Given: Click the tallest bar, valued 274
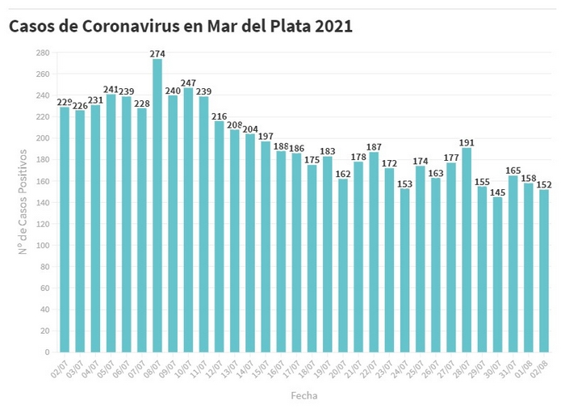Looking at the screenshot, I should tap(157, 206).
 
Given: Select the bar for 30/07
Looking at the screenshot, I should tap(497, 275).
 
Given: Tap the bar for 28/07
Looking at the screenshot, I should tap(467, 251).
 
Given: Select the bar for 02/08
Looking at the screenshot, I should tap(544, 271).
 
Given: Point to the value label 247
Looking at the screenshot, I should tap(188, 82).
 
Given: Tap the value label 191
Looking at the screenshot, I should tap(467, 142).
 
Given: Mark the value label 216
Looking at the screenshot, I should tap(219, 116).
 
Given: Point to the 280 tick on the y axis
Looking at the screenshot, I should tap(43, 53).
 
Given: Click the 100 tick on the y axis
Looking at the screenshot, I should tap(43, 246).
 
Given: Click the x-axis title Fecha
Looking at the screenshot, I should tap(304, 396).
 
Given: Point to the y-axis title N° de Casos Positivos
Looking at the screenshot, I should tap(23, 202).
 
